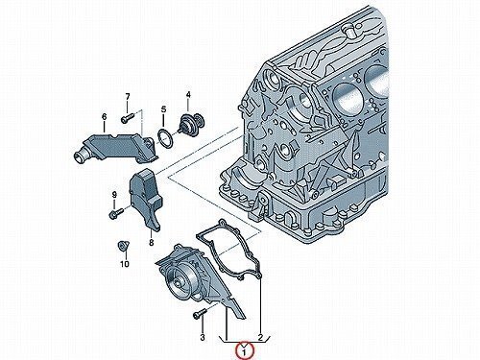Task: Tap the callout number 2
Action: click(260, 337)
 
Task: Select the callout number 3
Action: click(203, 337)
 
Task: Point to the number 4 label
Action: click(188, 95)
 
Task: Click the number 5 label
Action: click(163, 109)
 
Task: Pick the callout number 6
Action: click(104, 117)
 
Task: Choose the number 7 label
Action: click(128, 96)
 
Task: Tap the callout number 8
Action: click(151, 243)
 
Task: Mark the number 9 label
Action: click(114, 195)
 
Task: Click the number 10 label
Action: click(124, 264)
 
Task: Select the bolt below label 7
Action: click(128, 117)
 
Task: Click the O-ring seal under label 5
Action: click(166, 138)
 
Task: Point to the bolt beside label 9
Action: click(116, 213)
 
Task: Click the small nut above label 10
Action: click(123, 246)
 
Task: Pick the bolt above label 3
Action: click(200, 313)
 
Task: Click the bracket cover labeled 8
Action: click(146, 199)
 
